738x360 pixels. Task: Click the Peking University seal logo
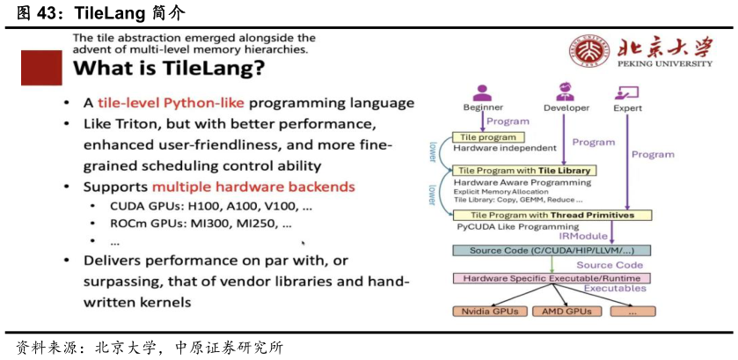pos(584,53)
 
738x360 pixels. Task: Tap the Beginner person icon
pos(481,92)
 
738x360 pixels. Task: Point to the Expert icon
pos(627,92)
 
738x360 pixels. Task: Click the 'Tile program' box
pos(488,136)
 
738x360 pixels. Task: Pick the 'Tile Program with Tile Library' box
pos(522,170)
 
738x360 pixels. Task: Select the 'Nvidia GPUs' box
pos(490,311)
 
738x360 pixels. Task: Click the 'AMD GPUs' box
pos(566,311)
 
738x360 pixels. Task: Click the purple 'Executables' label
pos(615,289)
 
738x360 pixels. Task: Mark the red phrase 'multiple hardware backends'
pos(253,187)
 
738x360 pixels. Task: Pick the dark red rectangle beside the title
pos(41,68)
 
